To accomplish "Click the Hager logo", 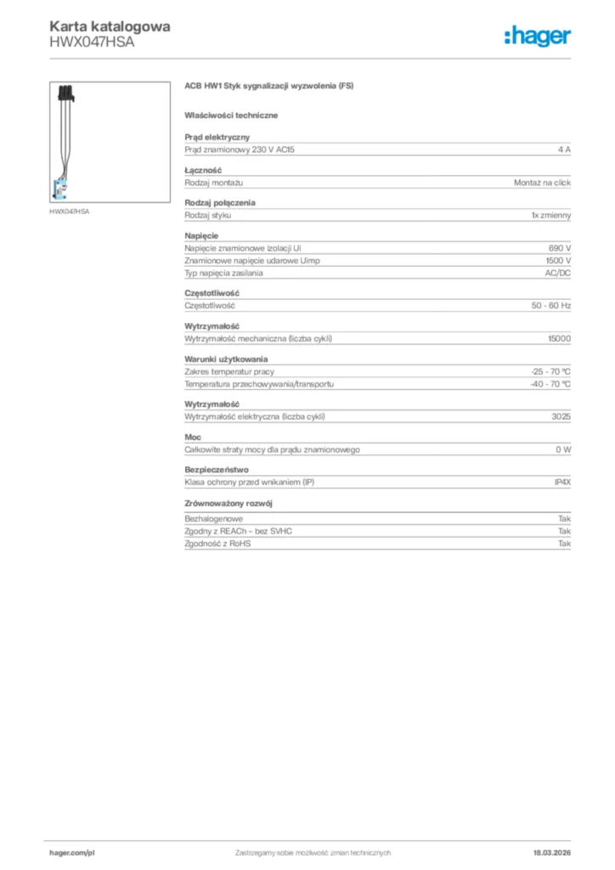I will point(537,36).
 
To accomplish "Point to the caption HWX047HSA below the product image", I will point(69,211).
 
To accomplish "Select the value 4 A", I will point(564,150).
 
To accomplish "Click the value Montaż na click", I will point(542,183).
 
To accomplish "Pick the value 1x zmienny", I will point(551,216).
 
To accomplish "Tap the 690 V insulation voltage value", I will point(560,248).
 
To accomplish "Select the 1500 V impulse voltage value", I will point(558,261).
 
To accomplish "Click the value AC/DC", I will point(557,274).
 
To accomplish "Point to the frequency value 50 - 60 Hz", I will point(550,305).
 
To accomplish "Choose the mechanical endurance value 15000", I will point(559,339).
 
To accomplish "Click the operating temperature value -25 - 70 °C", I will point(550,371).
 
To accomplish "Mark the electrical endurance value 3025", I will point(561,416).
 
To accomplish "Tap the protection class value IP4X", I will point(562,482).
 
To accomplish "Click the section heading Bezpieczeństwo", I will point(217,470).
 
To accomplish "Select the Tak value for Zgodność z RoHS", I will point(564,543).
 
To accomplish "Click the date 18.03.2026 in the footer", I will point(551,852).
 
